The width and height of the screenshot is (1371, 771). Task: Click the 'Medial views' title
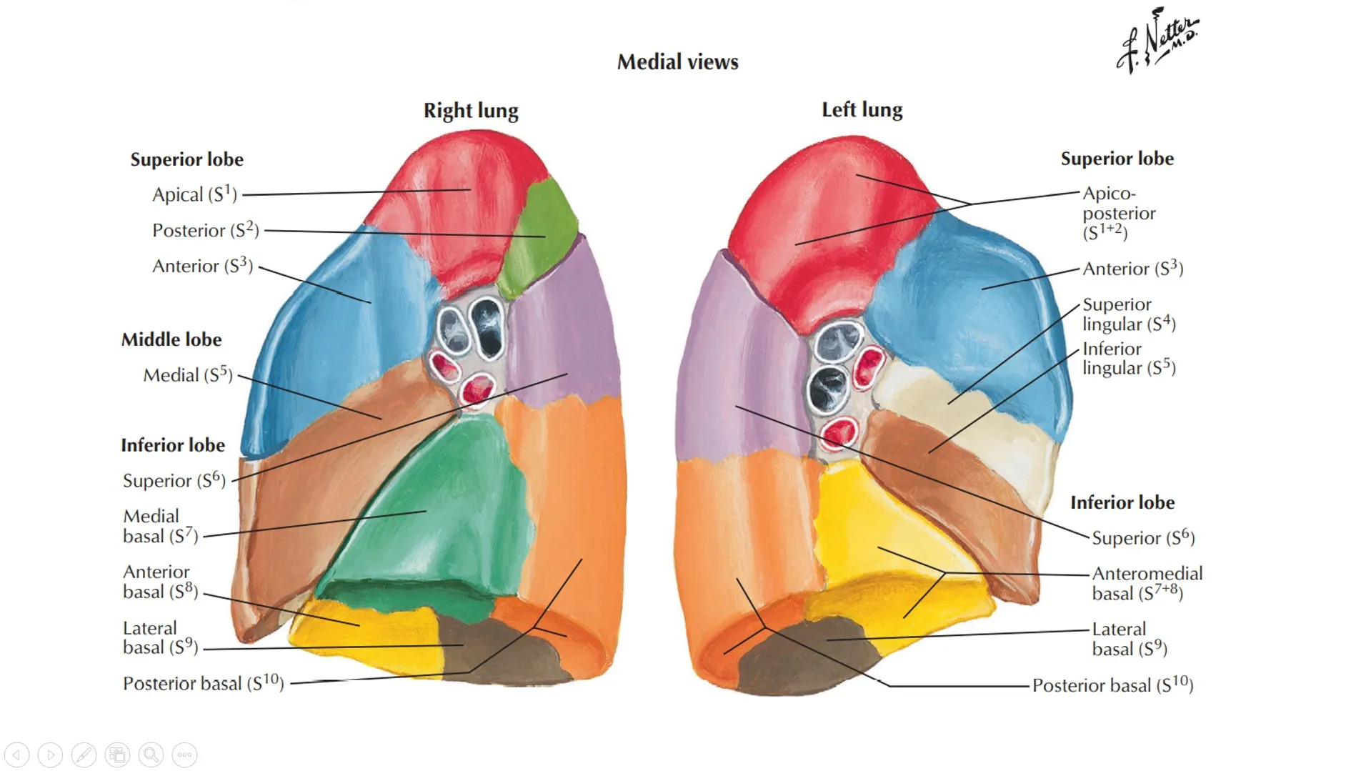point(677,62)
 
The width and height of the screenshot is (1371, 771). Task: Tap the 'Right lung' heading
point(471,111)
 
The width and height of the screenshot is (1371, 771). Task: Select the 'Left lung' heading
point(862,110)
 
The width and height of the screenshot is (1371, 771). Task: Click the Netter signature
point(1157,41)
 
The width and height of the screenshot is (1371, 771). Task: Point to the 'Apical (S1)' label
point(194,194)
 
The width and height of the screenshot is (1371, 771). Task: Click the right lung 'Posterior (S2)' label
point(206,230)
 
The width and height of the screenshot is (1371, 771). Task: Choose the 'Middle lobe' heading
point(171,339)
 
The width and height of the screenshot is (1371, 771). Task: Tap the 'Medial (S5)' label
point(188,375)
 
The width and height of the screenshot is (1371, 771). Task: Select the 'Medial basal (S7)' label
point(160,526)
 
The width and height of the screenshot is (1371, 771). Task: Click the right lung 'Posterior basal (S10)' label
point(204,684)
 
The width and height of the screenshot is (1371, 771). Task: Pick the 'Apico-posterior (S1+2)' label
point(1118,213)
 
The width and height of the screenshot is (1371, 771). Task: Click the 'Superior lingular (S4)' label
point(1128,314)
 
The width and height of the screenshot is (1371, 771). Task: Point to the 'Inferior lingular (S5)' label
point(1128,359)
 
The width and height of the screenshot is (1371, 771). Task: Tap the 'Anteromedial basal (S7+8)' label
point(1147,584)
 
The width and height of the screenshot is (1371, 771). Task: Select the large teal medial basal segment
point(443,514)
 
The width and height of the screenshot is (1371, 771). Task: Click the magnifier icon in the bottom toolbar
point(151,755)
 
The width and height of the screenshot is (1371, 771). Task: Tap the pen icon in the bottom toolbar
point(84,755)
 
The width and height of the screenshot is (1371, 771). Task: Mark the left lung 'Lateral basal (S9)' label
point(1129,639)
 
